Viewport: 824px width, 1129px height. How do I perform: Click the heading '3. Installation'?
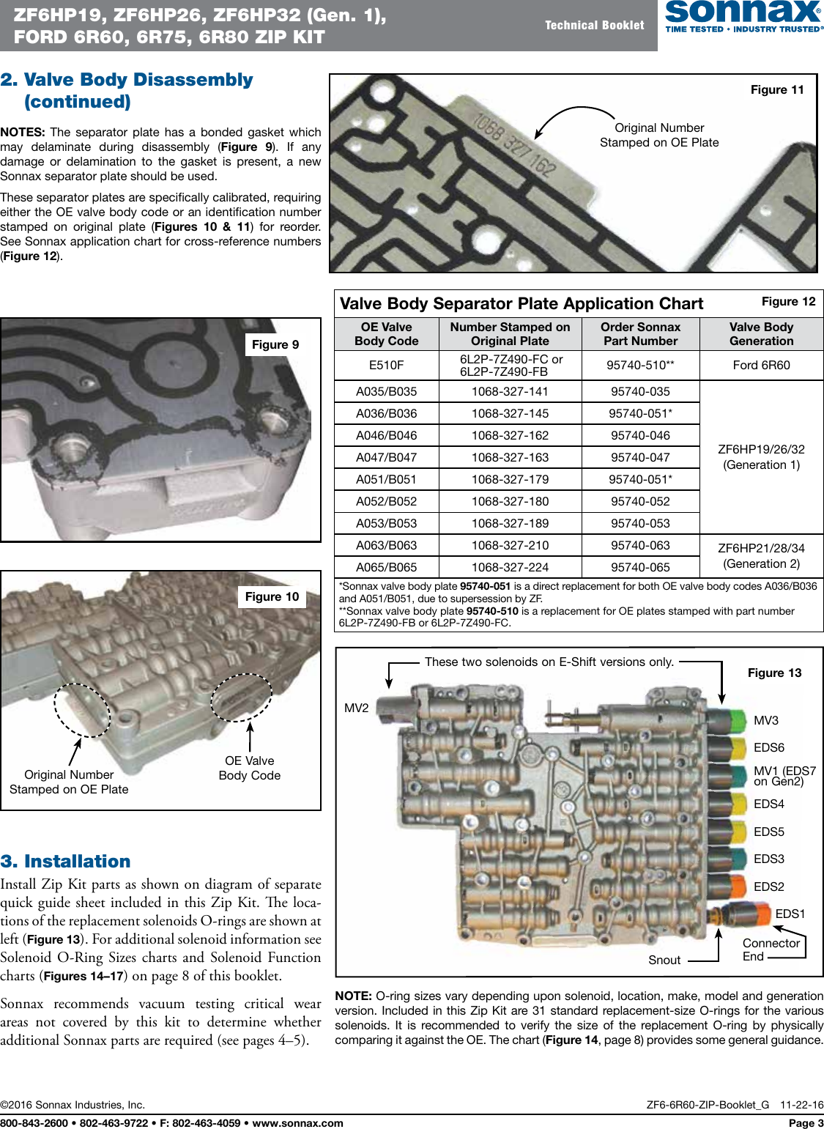click(66, 861)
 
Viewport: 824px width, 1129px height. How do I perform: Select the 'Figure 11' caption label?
click(777, 89)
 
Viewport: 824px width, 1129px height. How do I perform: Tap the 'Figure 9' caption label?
click(275, 344)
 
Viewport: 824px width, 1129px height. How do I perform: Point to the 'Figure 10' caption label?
click(272, 596)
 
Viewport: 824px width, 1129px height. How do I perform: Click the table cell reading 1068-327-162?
click(510, 435)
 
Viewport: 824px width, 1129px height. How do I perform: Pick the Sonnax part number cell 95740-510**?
click(640, 365)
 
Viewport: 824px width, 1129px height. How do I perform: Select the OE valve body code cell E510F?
click(386, 365)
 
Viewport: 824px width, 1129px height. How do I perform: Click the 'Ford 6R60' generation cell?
click(761, 365)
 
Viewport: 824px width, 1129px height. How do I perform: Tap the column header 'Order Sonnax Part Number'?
click(640, 334)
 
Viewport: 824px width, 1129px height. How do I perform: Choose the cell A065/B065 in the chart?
click(386, 567)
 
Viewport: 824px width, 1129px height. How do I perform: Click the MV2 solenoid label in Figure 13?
click(357, 708)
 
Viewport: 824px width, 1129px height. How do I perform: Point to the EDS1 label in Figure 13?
click(790, 914)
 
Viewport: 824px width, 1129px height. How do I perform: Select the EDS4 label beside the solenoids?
click(768, 804)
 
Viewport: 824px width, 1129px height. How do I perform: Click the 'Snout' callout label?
click(664, 960)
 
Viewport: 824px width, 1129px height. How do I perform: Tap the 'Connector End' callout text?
click(770, 950)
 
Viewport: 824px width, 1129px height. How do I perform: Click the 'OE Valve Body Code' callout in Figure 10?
click(250, 768)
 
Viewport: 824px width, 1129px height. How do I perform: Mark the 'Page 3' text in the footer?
click(806, 1122)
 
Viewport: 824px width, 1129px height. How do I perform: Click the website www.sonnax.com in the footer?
click(297, 1122)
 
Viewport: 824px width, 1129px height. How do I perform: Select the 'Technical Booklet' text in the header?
click(594, 25)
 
